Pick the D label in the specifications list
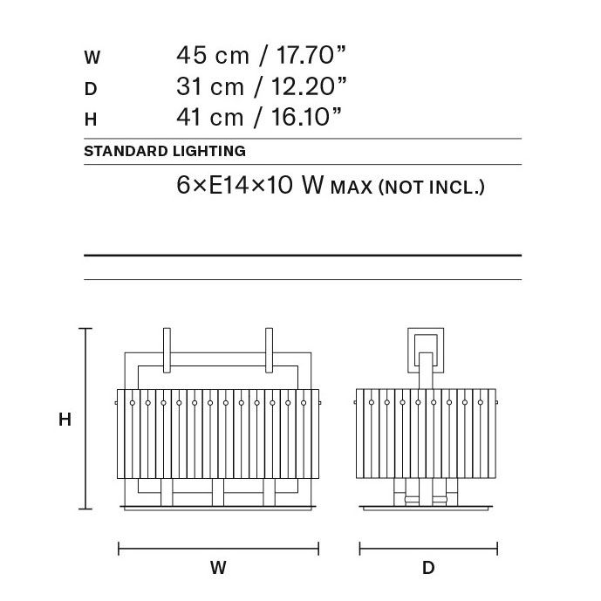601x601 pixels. [90, 88]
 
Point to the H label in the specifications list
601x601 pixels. [90, 119]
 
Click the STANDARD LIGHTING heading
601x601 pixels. [164, 151]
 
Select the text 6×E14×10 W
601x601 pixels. [250, 186]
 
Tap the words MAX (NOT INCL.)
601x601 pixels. [407, 187]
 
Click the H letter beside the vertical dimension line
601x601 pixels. [65, 420]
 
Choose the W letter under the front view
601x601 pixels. [218, 569]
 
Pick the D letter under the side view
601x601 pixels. [428, 569]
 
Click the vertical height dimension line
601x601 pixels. [85, 419]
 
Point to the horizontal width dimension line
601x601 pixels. [218, 549]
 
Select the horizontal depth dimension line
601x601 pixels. [428, 549]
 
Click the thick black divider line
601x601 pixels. [302, 256]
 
